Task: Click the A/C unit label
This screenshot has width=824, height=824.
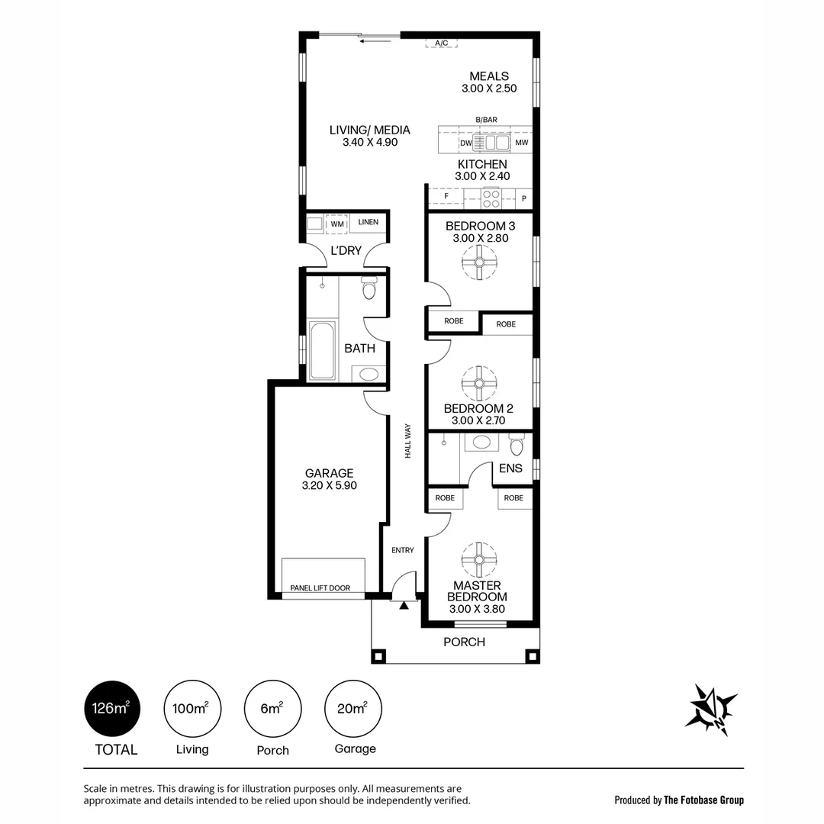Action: [x=441, y=43]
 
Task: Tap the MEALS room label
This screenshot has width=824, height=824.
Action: [x=489, y=76]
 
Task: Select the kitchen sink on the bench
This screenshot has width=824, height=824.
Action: [x=492, y=143]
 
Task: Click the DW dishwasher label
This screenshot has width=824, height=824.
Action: [x=465, y=143]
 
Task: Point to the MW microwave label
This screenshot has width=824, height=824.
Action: [x=522, y=143]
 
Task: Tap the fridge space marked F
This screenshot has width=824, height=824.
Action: [x=446, y=197]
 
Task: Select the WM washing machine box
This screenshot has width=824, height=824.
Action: [x=336, y=224]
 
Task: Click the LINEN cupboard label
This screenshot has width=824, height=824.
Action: [x=369, y=222]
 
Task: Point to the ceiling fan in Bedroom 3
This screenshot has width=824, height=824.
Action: [x=479, y=263]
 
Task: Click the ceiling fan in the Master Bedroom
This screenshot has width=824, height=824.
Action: [x=479, y=560]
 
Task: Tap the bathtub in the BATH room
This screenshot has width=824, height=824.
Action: [x=322, y=350]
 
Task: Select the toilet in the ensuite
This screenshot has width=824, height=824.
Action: [x=517, y=445]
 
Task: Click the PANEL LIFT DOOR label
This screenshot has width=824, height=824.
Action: [x=320, y=588]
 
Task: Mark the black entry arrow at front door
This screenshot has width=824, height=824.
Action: [x=404, y=605]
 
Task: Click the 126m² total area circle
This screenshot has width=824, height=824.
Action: [x=111, y=709]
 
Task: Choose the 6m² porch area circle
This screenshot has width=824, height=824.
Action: [x=272, y=709]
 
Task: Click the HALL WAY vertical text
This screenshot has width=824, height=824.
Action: [x=408, y=441]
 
